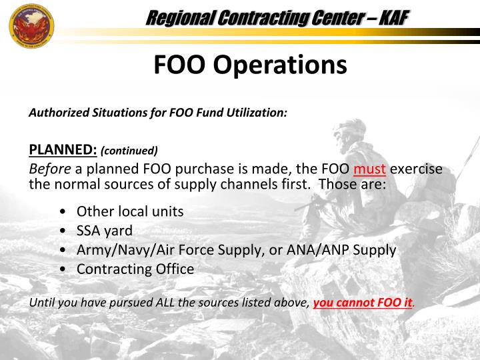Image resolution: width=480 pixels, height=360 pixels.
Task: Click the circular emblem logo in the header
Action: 31,25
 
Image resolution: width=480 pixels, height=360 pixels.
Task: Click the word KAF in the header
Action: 393,18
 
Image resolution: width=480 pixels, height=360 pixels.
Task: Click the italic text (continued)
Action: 129,151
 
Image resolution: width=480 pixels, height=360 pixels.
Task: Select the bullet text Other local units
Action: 130,212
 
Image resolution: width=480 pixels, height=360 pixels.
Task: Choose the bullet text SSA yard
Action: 105,231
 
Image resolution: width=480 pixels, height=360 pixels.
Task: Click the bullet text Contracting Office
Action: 135,269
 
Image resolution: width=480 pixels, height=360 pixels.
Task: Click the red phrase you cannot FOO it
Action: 362,303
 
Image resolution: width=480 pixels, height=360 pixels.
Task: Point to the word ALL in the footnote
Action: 165,303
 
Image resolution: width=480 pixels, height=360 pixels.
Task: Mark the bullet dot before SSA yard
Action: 62,231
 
